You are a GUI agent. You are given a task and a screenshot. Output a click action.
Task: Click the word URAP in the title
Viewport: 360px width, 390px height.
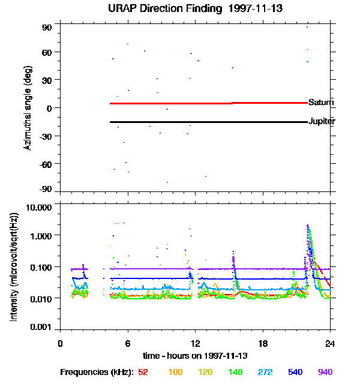[x=124, y=8]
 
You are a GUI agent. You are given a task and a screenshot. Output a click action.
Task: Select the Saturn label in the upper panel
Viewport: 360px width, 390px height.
[x=321, y=103]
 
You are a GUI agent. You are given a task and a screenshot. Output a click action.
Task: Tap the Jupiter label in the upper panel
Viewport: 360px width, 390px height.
[x=322, y=122]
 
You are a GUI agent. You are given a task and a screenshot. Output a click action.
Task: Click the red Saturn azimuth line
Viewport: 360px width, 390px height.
[x=180, y=103]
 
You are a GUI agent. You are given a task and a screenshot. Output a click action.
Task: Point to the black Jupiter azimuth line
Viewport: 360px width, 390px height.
[x=180, y=122]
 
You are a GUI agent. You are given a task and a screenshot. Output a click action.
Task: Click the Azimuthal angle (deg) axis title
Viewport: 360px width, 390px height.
[x=28, y=108]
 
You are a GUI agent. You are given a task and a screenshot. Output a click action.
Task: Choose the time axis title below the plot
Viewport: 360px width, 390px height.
[x=194, y=355]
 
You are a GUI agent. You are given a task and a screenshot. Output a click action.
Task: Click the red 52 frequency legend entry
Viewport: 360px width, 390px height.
[x=143, y=372]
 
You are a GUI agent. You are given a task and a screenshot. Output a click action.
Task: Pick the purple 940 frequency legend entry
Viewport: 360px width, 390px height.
[x=325, y=372]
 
